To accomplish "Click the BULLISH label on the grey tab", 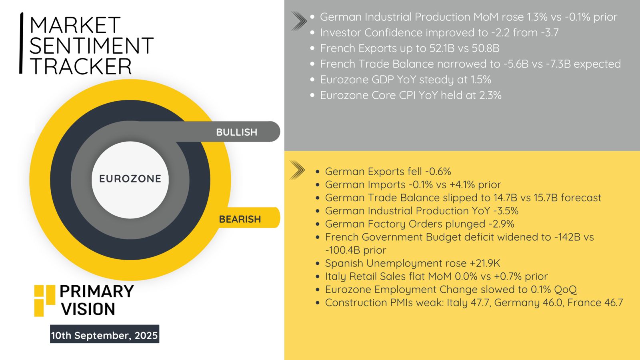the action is (x=236, y=132).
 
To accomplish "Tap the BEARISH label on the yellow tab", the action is (x=240, y=219).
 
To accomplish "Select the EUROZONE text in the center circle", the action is (x=130, y=179).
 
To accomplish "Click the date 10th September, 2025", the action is (x=104, y=335).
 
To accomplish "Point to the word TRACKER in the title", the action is (x=80, y=66).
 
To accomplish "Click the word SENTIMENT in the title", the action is (x=92, y=46).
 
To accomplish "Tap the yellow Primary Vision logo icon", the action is (x=44, y=300).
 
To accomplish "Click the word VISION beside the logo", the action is (x=88, y=309).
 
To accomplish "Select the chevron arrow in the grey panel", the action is (x=299, y=21).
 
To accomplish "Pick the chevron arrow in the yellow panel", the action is (x=297, y=170).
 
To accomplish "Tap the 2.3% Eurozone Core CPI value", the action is (x=490, y=96).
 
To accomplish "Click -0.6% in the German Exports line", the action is (x=438, y=172).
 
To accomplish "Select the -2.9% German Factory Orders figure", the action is (x=501, y=224).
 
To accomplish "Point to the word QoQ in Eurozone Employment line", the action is (x=566, y=290).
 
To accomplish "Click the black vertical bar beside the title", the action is (x=21, y=43).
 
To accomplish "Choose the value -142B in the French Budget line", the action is (x=567, y=237).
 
